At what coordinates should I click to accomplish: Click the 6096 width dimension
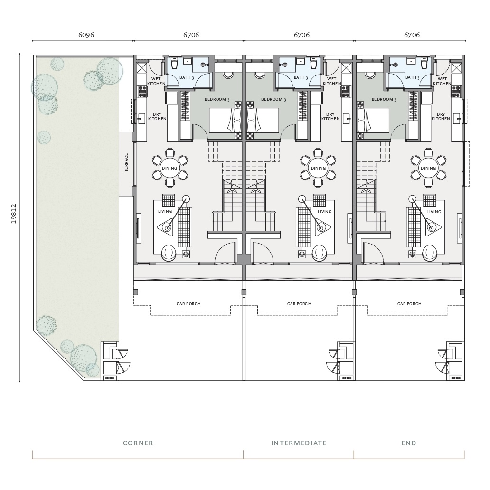pyautogui.click(x=86, y=35)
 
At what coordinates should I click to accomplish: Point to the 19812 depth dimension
pyautogui.click(x=13, y=214)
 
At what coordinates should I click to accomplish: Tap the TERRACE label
pyautogui.click(x=126, y=162)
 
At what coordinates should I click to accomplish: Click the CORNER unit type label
pyautogui.click(x=138, y=443)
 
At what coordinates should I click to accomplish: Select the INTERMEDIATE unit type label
pyautogui.click(x=299, y=443)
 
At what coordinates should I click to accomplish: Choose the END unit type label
pyautogui.click(x=408, y=443)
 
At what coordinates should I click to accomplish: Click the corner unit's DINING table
pyautogui.click(x=170, y=168)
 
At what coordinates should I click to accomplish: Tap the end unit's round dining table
pyautogui.click(x=428, y=168)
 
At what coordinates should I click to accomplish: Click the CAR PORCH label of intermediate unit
pyautogui.click(x=299, y=304)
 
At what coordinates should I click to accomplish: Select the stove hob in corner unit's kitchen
pyautogui.click(x=142, y=92)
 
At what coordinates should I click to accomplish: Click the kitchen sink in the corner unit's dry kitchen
pyautogui.click(x=141, y=118)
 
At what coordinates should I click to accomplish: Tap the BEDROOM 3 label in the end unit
pyautogui.click(x=384, y=99)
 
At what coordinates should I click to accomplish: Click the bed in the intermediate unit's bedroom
pyautogui.click(x=263, y=120)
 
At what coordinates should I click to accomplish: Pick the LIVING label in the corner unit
pyautogui.click(x=165, y=211)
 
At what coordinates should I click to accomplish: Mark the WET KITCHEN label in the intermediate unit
pyautogui.click(x=332, y=81)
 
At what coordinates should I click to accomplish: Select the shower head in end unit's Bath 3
pyautogui.click(x=396, y=65)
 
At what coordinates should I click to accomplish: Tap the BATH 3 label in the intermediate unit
pyautogui.click(x=301, y=77)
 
